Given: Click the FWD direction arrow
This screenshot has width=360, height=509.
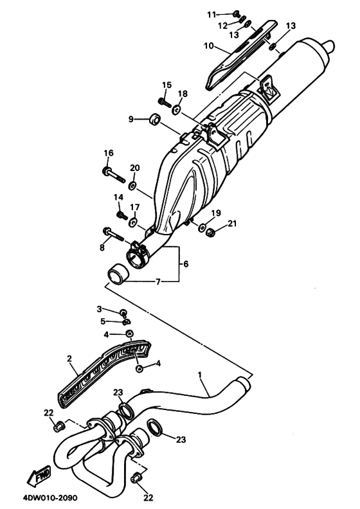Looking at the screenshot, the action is pyautogui.click(x=39, y=476).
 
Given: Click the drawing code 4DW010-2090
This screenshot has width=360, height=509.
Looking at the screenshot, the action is pyautogui.click(x=50, y=497).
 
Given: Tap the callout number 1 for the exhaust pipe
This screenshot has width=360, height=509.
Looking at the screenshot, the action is pyautogui.click(x=200, y=375).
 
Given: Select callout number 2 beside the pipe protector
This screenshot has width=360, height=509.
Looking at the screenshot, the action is pyautogui.click(x=69, y=359).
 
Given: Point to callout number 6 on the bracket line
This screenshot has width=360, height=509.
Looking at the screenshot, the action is pyautogui.click(x=186, y=264).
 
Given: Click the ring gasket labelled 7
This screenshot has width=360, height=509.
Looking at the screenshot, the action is pyautogui.click(x=118, y=274).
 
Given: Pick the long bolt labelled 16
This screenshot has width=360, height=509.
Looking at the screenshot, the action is pyautogui.click(x=114, y=174).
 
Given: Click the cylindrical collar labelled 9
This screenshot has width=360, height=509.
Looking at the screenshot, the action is pyautogui.click(x=154, y=119).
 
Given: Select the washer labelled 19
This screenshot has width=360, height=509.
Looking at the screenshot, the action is pyautogui.click(x=202, y=228).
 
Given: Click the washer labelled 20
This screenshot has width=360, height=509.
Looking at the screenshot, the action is pyautogui.click(x=132, y=186).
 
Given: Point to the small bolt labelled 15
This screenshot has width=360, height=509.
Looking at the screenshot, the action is pyautogui.click(x=165, y=103).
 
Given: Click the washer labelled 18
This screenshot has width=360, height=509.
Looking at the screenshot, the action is pyautogui.click(x=177, y=110).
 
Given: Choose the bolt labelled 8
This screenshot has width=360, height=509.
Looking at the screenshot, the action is pyautogui.click(x=113, y=234).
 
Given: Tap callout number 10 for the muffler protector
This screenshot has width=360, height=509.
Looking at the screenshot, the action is pyautogui.click(x=209, y=46).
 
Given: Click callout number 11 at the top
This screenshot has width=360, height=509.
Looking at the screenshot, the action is pyautogui.click(x=212, y=15).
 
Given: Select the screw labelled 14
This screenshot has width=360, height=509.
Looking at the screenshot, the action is pyautogui.click(x=122, y=215).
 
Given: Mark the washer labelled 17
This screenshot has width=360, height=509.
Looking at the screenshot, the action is pyautogui.click(x=133, y=222).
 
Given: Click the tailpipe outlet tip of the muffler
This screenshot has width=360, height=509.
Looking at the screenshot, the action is pyautogui.click(x=330, y=47).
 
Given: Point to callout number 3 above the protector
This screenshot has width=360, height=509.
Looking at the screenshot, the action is pyautogui.click(x=100, y=308).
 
